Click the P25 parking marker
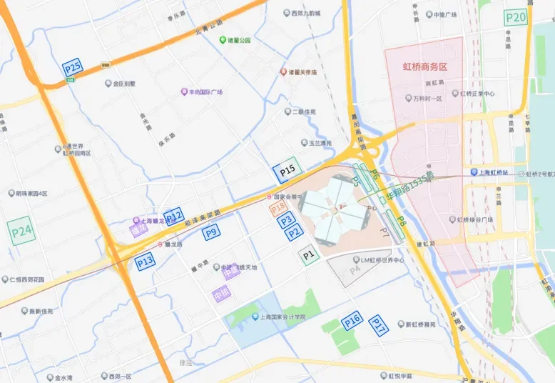[x=72, y=68]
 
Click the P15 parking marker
[x=287, y=171]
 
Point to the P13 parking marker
[x=145, y=262]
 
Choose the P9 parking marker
[x=210, y=232]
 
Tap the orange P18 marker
[x=278, y=207]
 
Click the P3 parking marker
[x=286, y=220]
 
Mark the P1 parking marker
[x=308, y=254]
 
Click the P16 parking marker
[x=352, y=321]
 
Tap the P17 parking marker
[x=378, y=327]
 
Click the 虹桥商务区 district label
[x=424, y=66]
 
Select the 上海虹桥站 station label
[x=494, y=173]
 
